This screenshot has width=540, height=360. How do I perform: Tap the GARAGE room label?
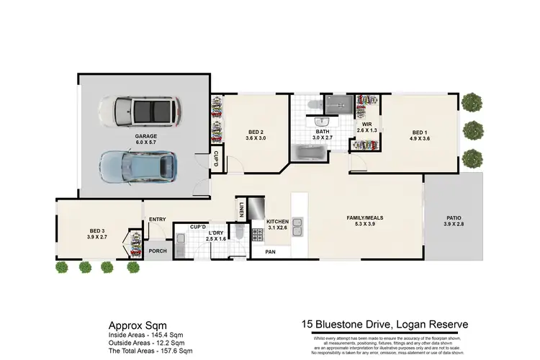point(146,136)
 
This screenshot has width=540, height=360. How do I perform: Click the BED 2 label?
point(256,132)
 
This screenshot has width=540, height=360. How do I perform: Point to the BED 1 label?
point(420,132)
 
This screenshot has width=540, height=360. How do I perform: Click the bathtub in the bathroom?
point(310,153)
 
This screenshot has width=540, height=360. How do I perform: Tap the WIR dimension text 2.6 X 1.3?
point(366,130)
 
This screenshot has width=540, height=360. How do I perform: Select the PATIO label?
point(454,217)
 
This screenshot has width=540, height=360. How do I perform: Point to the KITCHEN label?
point(277,221)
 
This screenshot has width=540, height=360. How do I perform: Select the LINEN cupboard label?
point(240,210)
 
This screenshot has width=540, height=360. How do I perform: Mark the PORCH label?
point(157,251)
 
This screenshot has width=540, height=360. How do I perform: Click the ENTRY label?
point(158,220)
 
